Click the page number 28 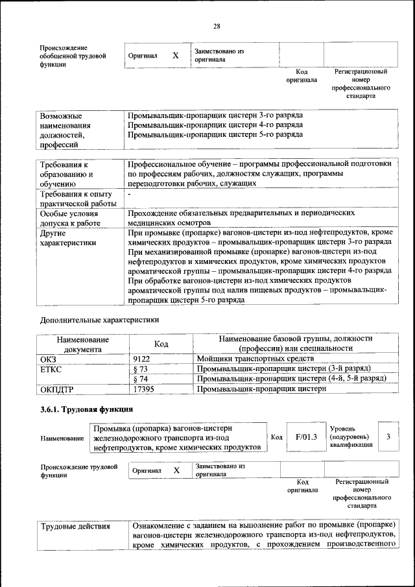click(217, 26)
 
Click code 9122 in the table click(142, 358)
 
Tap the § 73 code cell click(141, 368)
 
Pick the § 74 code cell click(141, 379)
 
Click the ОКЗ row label click(49, 358)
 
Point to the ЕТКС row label click(51, 368)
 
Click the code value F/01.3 click(305, 437)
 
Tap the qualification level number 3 click(388, 437)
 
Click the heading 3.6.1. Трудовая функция click(87, 409)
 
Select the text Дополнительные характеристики click(99, 320)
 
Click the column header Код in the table click(161, 344)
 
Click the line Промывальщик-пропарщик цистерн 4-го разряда click(215, 125)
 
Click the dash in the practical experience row click(130, 194)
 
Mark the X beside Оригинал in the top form click(175, 56)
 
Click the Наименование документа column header click(82, 344)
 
